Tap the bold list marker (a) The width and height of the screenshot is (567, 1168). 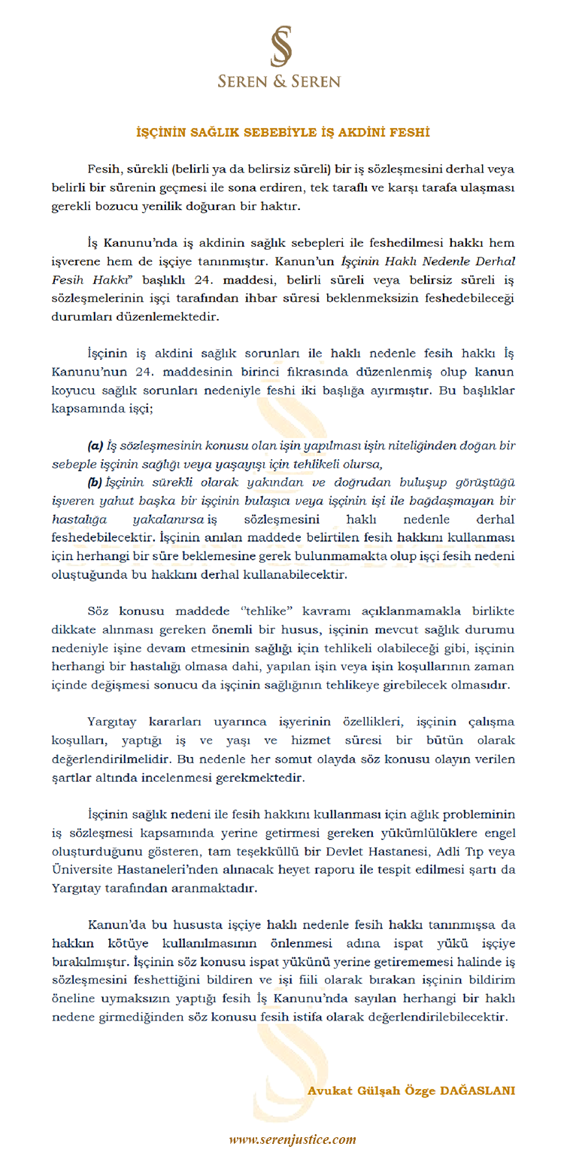[x=96, y=446]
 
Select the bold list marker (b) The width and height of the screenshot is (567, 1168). [x=96, y=482]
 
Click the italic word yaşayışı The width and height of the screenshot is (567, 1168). [x=245, y=464]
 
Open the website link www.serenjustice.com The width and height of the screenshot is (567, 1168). [x=292, y=1139]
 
